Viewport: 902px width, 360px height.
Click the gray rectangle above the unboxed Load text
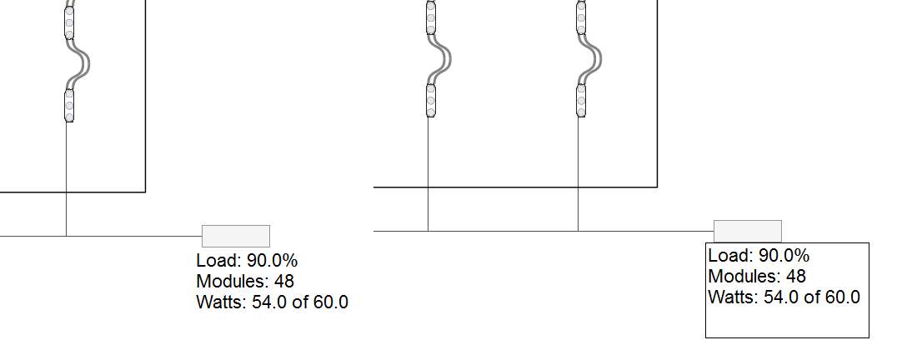[x=236, y=236]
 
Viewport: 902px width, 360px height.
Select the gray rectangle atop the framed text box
[x=747, y=231]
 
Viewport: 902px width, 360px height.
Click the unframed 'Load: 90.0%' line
[x=247, y=261]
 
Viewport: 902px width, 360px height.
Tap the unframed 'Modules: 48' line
[x=245, y=281]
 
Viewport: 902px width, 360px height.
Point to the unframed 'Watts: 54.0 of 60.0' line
[x=272, y=302]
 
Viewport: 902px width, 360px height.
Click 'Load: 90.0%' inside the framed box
[x=759, y=255]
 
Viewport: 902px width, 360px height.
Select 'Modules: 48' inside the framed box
[x=757, y=276]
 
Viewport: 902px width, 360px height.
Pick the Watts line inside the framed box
[x=784, y=297]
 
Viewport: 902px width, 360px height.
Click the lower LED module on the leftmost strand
[x=69, y=105]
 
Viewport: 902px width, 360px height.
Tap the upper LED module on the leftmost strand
[x=69, y=22]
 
